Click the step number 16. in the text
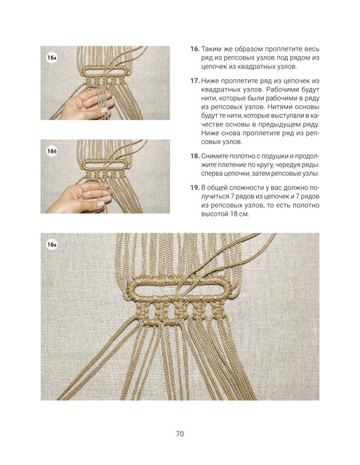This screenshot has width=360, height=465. point(195,49)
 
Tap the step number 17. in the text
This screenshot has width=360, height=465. point(195,81)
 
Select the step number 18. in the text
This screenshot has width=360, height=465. point(195,156)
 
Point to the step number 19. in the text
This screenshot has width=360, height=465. point(195,187)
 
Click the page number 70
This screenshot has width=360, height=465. point(180,434)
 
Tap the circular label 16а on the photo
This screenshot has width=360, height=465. point(52,57)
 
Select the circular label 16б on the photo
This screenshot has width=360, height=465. point(52,151)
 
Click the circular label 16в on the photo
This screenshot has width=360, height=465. point(52,245)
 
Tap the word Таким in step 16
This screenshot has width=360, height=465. point(209,49)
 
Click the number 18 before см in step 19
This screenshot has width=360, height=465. point(233,214)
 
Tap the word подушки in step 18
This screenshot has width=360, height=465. point(281,156)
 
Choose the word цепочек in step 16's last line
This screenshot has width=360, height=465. point(214,67)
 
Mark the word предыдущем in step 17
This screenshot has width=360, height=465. point(281,124)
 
